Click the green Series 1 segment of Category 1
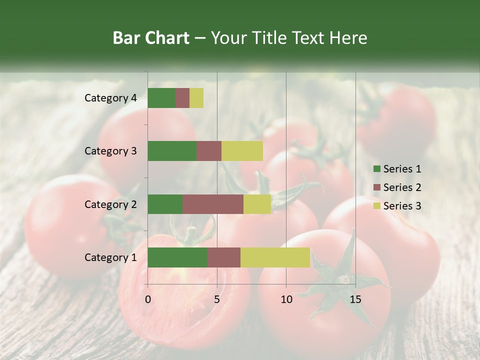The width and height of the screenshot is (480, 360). [x=177, y=257]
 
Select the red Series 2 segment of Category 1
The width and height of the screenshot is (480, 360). [x=224, y=257]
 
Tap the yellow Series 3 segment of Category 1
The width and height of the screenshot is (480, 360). [x=275, y=257]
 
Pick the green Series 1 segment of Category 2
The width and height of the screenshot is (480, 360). [x=165, y=204]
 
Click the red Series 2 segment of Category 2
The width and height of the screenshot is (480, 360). [x=213, y=204]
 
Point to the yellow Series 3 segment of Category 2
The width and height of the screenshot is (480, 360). [x=257, y=204]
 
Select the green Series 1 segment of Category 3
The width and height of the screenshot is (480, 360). [x=172, y=151]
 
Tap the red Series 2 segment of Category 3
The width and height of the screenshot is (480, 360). [x=209, y=151]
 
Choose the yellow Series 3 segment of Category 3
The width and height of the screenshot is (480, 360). [x=242, y=151]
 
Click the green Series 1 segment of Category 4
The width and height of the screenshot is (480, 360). [x=161, y=98]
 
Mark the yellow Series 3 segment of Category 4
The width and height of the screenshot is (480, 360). [x=196, y=98]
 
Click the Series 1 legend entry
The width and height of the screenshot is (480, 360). [x=397, y=169]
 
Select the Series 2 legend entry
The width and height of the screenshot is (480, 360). [x=397, y=187]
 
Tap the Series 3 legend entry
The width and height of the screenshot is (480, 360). [x=397, y=206]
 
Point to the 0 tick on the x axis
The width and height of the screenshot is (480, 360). [x=148, y=299]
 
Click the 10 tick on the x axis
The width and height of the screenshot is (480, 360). [x=286, y=299]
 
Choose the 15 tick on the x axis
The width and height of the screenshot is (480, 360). [x=355, y=299]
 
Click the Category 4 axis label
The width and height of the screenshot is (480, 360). [x=110, y=98]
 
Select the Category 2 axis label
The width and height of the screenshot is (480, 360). [x=110, y=204]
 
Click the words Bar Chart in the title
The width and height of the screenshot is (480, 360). [x=151, y=38]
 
